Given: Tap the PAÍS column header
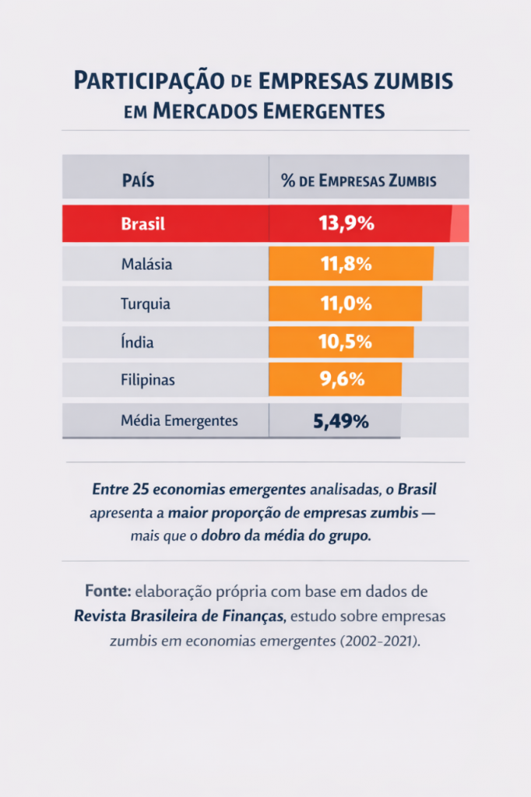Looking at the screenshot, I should point(138,181).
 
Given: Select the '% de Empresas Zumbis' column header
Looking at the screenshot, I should point(358,181).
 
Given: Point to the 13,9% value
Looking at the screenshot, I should point(346,224).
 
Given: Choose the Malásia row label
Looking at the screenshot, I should point(146,264).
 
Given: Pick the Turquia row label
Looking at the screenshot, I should point(145,304).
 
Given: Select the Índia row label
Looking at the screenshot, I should point(137,342).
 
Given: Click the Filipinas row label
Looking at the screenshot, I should point(147,381).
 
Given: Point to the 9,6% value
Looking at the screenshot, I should point(342,381).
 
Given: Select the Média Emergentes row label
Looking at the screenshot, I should point(179,421).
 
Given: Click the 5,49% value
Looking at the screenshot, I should point(340,422).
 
